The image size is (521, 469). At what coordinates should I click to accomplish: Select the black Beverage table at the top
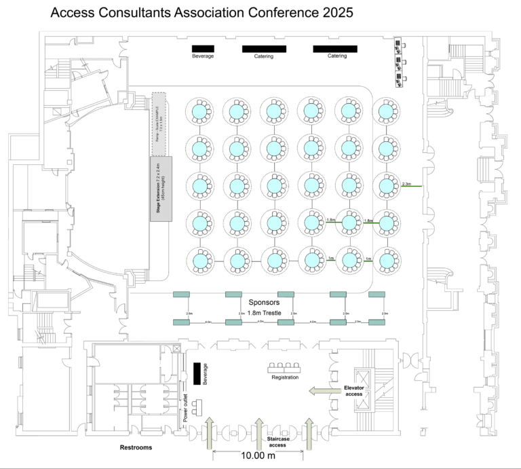203,48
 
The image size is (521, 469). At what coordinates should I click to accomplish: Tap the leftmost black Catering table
264,48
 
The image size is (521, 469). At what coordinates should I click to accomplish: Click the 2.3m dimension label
407,183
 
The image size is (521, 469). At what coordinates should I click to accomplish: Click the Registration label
285,377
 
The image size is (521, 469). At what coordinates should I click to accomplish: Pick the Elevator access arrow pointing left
322,390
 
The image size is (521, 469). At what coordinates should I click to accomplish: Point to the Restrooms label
136,448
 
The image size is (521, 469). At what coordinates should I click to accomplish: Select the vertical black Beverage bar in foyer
197,374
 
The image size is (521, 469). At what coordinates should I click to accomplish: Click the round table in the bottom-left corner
201,260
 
